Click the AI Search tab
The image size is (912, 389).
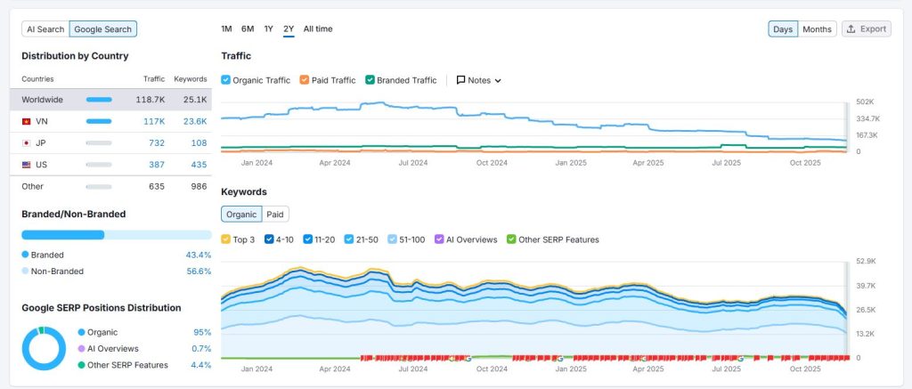click(x=45, y=29)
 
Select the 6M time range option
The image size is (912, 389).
click(x=248, y=29)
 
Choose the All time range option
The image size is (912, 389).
click(x=318, y=29)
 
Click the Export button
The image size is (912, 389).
click(x=866, y=29)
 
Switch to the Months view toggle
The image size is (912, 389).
click(x=817, y=29)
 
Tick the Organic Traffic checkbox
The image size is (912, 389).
click(x=226, y=80)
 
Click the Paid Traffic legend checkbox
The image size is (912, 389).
click(x=305, y=80)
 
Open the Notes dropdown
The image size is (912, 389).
click(x=478, y=80)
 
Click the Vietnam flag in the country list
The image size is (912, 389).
click(x=27, y=121)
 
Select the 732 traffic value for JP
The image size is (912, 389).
click(x=157, y=142)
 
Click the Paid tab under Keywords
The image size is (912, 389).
click(x=276, y=215)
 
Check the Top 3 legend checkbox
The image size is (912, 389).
click(x=226, y=239)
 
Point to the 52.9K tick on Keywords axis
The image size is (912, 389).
click(x=866, y=262)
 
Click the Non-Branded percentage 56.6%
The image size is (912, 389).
click(x=199, y=271)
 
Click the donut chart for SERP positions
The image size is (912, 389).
click(x=44, y=349)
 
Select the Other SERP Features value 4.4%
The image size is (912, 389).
click(x=200, y=365)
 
